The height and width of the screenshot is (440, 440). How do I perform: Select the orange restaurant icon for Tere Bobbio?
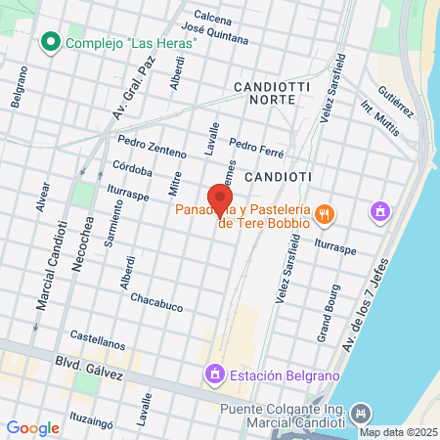tap(328, 211)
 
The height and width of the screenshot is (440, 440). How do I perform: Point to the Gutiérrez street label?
tap(395, 100)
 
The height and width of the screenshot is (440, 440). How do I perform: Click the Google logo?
tap(32, 427)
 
